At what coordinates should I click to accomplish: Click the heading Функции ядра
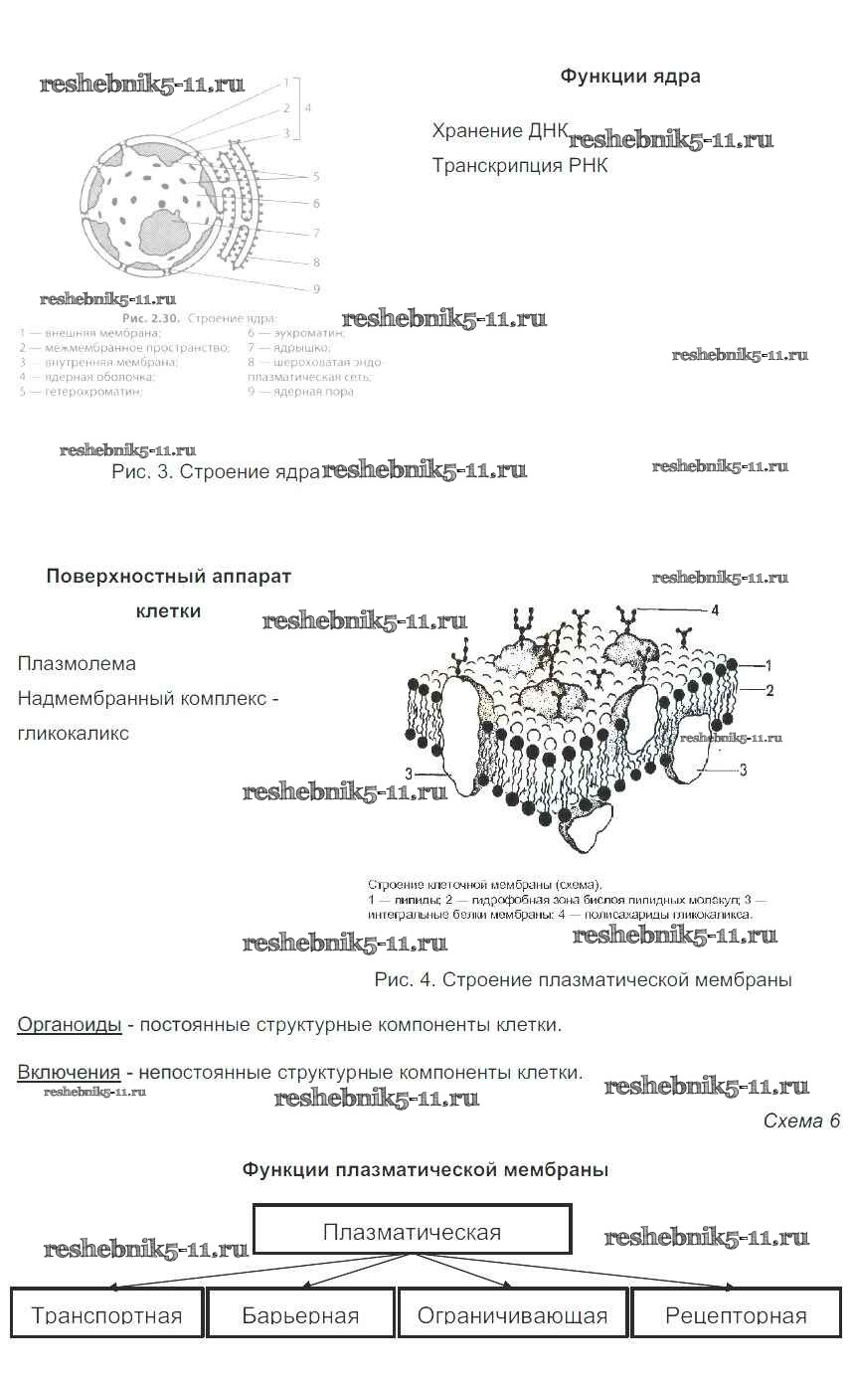click(629, 77)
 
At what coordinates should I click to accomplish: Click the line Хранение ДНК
click(500, 131)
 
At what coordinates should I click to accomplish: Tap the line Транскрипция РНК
click(519, 166)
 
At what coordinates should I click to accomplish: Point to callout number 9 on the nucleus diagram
click(316, 289)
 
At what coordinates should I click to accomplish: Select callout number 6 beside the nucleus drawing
click(316, 204)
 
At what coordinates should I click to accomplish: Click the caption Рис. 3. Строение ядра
click(216, 472)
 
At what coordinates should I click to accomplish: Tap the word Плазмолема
click(77, 664)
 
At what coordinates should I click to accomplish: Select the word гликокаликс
click(73, 734)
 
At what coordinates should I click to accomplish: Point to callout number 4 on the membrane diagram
click(714, 609)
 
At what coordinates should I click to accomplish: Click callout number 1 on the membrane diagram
click(769, 664)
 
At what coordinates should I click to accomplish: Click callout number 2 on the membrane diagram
click(769, 688)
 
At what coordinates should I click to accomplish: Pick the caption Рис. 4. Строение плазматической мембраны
click(583, 980)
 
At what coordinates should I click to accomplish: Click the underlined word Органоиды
click(70, 1024)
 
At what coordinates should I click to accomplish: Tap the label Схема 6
click(800, 1121)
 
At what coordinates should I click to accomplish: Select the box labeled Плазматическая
click(412, 1231)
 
